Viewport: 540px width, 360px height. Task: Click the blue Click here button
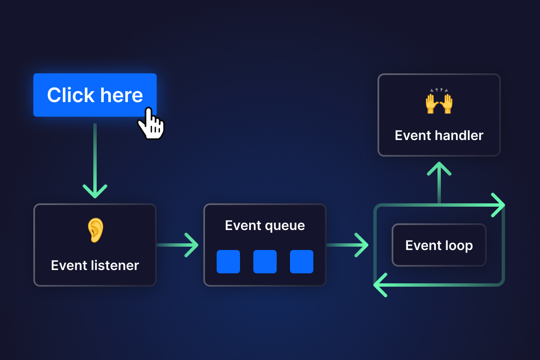95,95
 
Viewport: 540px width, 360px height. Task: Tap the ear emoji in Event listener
95,230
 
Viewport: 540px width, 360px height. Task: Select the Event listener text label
95,265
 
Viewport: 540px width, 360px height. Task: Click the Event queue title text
265,225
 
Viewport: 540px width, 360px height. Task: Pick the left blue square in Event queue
228,262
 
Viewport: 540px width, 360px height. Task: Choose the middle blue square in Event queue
265,262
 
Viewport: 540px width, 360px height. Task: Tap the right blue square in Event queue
301,262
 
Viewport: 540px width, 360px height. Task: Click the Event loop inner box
439,245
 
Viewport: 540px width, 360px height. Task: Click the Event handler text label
439,135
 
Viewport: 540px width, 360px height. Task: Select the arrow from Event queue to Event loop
348,245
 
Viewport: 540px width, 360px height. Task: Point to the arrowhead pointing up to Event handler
439,169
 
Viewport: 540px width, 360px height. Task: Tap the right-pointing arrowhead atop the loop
498,205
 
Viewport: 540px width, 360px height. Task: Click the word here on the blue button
122,95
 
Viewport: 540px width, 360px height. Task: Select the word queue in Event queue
285,225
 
